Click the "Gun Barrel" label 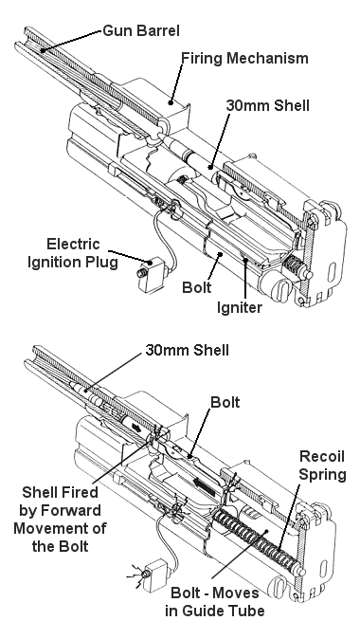(x=141, y=31)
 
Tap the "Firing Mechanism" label (x=244, y=58)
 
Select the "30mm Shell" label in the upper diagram (x=267, y=105)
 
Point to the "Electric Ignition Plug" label (x=73, y=253)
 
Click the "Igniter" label (x=239, y=308)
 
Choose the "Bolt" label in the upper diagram (x=197, y=287)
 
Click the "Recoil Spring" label (x=322, y=466)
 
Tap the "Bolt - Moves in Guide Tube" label (x=215, y=602)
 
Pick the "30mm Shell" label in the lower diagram (x=187, y=350)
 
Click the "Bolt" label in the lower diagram (x=225, y=403)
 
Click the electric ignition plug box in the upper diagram (x=151, y=274)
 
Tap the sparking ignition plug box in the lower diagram (x=154, y=576)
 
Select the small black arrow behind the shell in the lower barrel (x=135, y=427)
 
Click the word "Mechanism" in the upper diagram (x=267, y=58)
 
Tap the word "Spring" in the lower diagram (x=322, y=475)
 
